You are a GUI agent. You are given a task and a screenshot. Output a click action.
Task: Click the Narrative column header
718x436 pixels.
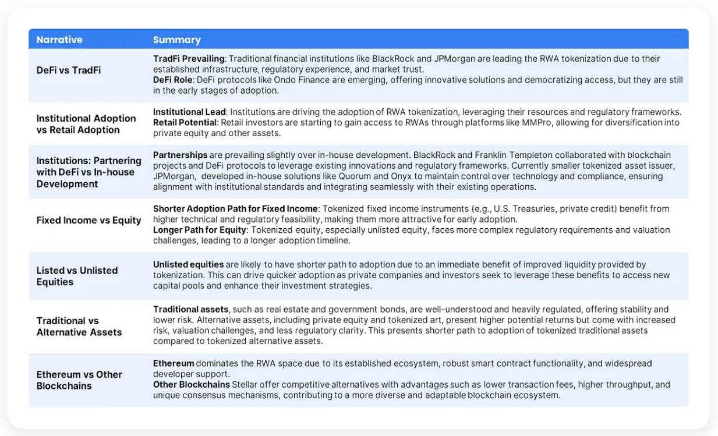point(59,40)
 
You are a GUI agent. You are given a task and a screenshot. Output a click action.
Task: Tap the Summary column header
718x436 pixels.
point(176,40)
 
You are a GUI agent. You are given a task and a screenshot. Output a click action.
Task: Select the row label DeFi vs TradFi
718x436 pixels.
point(68,70)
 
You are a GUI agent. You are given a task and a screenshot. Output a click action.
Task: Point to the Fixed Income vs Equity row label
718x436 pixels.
point(89,220)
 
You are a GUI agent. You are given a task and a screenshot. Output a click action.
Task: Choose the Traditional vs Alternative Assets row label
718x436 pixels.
point(79,326)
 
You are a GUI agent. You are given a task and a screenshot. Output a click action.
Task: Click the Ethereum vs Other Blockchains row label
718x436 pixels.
point(79,380)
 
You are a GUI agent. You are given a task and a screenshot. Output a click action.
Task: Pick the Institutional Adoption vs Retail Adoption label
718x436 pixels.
point(86,123)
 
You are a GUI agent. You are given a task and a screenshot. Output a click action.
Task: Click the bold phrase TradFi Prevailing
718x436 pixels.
point(189,59)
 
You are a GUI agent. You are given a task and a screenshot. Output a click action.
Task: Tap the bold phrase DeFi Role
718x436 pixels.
point(174,80)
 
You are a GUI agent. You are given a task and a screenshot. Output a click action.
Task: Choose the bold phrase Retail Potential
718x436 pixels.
point(185,122)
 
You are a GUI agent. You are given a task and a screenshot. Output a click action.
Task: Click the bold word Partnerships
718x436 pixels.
point(180,155)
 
